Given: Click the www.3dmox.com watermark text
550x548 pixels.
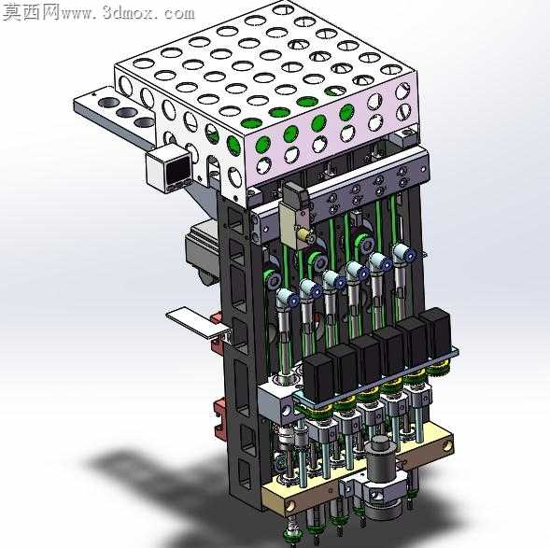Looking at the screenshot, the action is click(128, 13).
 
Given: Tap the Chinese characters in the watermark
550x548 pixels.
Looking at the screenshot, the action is click(31, 13).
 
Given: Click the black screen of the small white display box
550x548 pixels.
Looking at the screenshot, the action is click(178, 171).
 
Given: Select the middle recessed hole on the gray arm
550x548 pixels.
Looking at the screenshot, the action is click(126, 113).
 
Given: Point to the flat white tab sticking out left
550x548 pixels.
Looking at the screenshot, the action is click(197, 323).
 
